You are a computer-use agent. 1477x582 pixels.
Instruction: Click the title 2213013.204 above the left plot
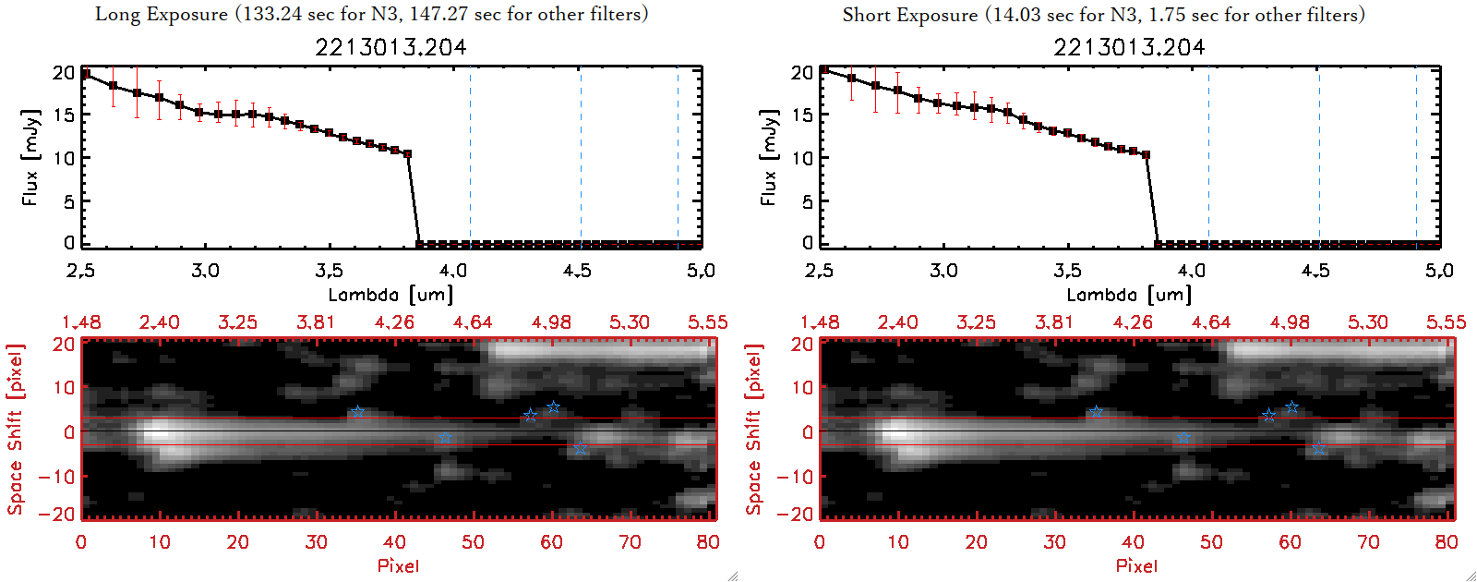[390, 47]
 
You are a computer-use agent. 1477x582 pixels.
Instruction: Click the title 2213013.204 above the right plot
[1129, 47]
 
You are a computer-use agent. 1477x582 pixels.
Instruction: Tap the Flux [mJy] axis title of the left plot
[30, 157]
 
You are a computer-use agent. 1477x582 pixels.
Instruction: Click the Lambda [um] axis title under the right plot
[1129, 295]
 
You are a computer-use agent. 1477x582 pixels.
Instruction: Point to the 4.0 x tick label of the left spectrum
[452, 271]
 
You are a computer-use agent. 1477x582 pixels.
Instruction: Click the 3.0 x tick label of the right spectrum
[943, 271]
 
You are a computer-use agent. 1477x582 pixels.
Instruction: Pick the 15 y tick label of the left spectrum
[64, 115]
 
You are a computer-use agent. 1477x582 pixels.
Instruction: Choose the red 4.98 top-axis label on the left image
[551, 322]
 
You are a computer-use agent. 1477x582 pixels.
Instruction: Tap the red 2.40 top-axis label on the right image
[897, 322]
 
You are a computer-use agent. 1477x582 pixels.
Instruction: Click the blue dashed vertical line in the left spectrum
[678, 157]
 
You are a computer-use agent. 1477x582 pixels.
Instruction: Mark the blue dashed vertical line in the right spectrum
[1416, 157]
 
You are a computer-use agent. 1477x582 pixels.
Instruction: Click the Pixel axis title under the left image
[398, 565]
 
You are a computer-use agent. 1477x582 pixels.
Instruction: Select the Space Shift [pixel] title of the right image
[754, 430]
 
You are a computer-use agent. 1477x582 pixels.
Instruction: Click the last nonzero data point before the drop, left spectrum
[407, 154]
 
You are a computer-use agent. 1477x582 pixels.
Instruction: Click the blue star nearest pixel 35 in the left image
[357, 412]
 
